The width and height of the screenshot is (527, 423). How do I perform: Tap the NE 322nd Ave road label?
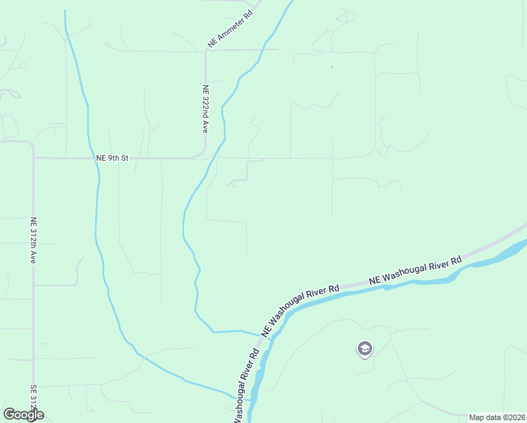coord(205,109)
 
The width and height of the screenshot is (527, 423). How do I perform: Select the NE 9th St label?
coord(113,159)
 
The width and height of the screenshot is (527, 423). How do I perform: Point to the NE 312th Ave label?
coord(32,240)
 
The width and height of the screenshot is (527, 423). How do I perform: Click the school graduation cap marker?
coord(365,349)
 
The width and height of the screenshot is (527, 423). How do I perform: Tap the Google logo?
coord(23,415)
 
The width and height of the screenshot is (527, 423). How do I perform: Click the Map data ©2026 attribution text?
coord(497,417)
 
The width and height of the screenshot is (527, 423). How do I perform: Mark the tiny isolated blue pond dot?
coord(332,68)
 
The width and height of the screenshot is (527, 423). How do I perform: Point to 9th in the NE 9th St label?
coord(115,159)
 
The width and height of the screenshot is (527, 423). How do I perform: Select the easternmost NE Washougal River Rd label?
coord(415,271)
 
